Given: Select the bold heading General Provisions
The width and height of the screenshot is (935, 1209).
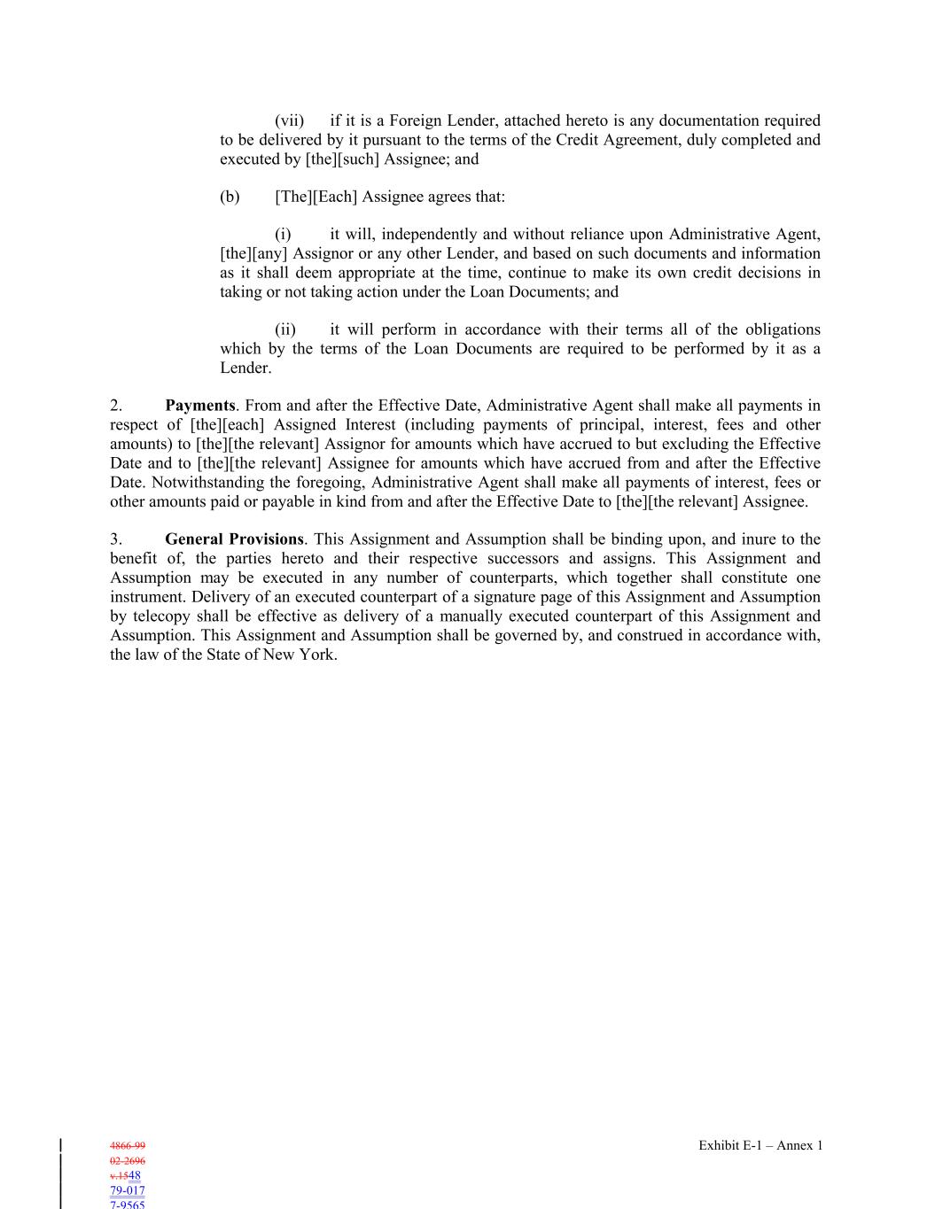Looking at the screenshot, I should click(234, 539).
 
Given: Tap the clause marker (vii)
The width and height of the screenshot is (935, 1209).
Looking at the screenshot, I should click(289, 120).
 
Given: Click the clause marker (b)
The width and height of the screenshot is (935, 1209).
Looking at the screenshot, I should click(230, 197).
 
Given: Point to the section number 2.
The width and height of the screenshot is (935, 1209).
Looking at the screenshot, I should click(116, 406).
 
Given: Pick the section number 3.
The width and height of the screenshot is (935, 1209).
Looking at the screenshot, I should click(116, 539).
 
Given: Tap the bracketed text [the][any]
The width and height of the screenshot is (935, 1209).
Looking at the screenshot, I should click(254, 254).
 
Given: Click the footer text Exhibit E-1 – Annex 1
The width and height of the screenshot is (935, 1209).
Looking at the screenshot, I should click(760, 1145).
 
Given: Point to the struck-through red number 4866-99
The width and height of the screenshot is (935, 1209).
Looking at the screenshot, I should click(128, 1145).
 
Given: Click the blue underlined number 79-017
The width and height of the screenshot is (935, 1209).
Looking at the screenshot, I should click(128, 1190).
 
